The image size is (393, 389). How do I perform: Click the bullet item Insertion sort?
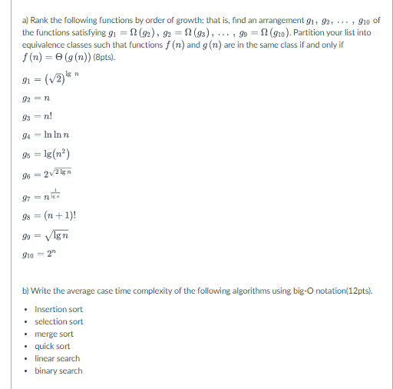[58, 309]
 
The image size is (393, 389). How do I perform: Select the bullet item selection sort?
[59, 321]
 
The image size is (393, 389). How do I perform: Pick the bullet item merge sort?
[54, 334]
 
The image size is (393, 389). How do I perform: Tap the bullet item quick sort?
[52, 346]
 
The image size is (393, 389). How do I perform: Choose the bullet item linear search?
[57, 358]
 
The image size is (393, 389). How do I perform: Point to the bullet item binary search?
[58, 371]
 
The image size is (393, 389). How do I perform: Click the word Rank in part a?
[39, 9]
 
